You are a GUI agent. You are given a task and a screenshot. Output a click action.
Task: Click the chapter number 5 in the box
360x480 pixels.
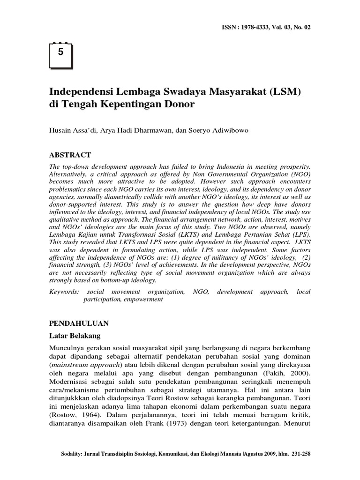click(x=60, y=52)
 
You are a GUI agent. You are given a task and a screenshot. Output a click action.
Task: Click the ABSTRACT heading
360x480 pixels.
click(x=70, y=155)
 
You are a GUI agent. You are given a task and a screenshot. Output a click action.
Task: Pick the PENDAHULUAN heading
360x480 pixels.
click(x=79, y=323)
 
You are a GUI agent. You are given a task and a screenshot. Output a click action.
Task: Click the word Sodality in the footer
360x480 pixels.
click(x=74, y=454)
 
